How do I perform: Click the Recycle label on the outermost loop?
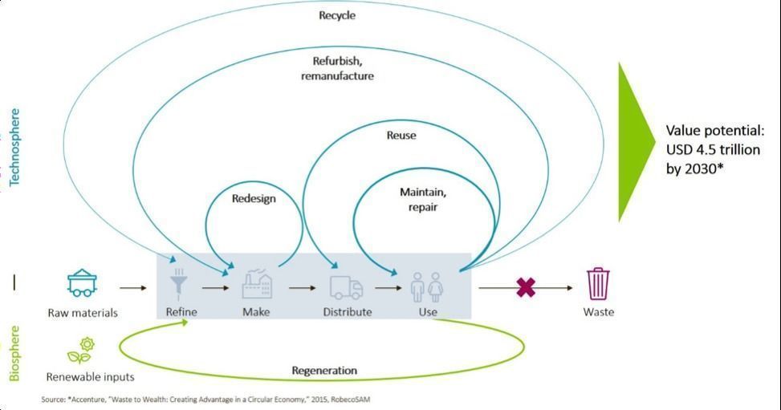(337, 15)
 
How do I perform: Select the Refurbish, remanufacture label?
(337, 68)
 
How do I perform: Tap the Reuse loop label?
(401, 135)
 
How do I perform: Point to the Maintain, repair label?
(423, 199)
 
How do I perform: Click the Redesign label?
(254, 199)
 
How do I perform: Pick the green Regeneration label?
(324, 371)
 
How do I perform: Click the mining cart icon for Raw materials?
(82, 283)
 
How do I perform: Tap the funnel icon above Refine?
(178, 284)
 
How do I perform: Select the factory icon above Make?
(257, 285)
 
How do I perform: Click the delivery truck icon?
(346, 287)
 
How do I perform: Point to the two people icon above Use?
(427, 286)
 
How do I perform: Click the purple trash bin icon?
(598, 283)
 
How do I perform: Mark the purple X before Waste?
(526, 287)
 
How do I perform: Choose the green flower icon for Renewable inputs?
(81, 351)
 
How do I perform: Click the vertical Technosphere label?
(14, 147)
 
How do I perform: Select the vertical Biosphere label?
(14, 353)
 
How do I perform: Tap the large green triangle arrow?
(637, 142)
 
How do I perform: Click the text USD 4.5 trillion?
(714, 149)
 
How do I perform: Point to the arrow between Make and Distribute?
(302, 288)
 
